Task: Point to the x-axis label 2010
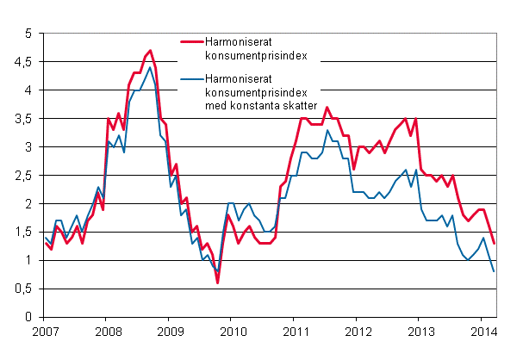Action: click(233, 331)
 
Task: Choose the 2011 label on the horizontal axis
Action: click(296, 331)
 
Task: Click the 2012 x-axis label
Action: click(358, 331)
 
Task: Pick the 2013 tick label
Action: click(421, 331)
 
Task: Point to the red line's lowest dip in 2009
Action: click(218, 282)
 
